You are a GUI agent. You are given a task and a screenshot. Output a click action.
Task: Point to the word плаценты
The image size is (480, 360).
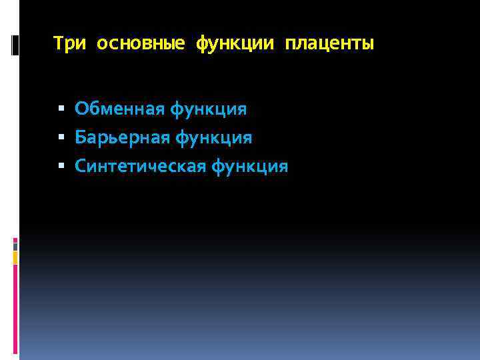click(x=329, y=45)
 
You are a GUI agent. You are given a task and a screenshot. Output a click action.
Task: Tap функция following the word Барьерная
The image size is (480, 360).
click(x=214, y=137)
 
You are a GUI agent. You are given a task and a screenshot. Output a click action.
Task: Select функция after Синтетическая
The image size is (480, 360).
click(x=251, y=167)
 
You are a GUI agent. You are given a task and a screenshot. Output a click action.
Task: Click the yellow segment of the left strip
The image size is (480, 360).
click(x=15, y=258)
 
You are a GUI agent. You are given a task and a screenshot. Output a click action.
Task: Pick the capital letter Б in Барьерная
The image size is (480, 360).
click(x=80, y=137)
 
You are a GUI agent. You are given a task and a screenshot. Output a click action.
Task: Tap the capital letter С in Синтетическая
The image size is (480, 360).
click(x=80, y=167)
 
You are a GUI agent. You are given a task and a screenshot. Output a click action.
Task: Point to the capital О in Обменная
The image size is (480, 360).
click(x=81, y=108)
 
